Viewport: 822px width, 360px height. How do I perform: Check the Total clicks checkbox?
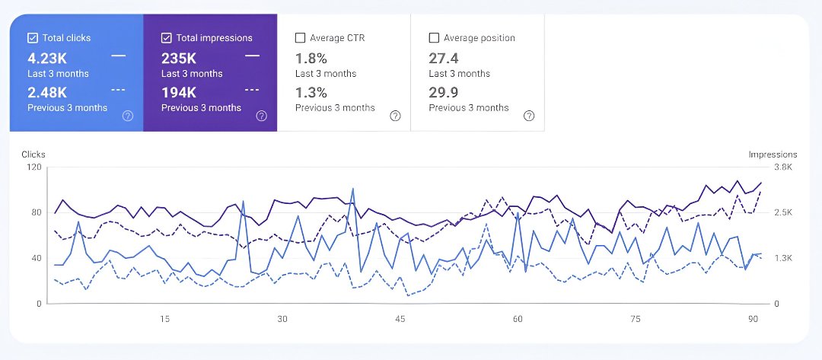[33, 38]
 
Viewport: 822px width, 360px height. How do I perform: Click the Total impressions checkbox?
[167, 38]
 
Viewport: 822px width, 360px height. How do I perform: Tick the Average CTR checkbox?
[300, 38]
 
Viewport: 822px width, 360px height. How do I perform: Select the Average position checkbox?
[434, 38]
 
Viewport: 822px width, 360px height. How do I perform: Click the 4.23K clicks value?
[48, 58]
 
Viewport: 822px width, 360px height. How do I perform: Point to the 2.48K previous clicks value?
[48, 93]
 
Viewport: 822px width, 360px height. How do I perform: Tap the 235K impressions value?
[179, 58]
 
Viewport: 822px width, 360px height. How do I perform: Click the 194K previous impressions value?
[179, 93]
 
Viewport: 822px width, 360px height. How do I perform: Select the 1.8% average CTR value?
[311, 58]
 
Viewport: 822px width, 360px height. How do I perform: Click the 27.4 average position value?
[444, 58]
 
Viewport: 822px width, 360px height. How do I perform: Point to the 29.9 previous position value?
[444, 93]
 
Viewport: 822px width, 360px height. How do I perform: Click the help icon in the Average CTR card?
[395, 116]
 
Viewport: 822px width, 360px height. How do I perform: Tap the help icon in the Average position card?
[529, 116]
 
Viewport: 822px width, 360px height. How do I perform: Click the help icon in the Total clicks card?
[128, 116]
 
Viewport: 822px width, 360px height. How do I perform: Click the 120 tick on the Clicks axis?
[33, 167]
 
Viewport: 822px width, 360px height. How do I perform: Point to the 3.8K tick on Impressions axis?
[762, 167]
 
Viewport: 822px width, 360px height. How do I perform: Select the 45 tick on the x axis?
[400, 319]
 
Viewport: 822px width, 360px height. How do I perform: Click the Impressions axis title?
[773, 155]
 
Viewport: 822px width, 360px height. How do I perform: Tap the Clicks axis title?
[33, 155]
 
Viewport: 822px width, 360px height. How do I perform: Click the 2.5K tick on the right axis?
[762, 213]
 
